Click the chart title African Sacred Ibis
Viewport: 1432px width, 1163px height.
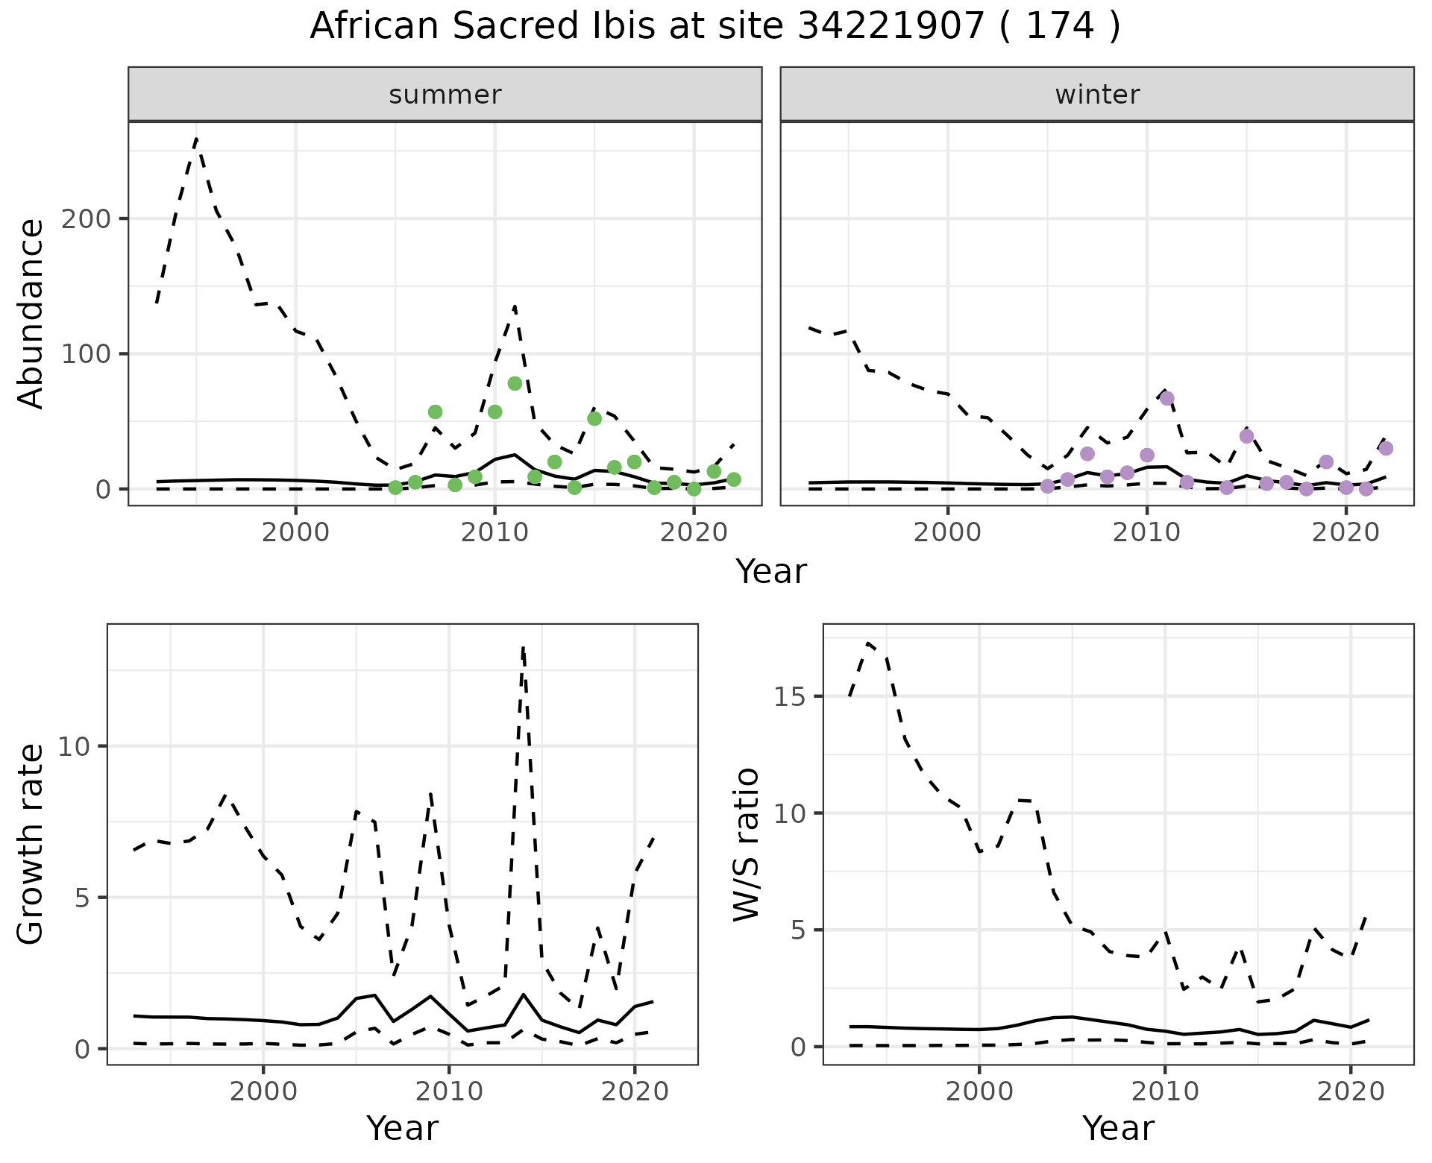pos(715,27)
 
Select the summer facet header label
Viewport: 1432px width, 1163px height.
pos(445,95)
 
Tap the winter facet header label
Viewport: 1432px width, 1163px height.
pos(1097,95)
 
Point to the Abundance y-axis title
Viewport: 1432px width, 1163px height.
pos(31,313)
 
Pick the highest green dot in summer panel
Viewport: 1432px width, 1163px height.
pos(515,383)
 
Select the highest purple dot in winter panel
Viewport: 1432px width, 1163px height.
pos(1167,398)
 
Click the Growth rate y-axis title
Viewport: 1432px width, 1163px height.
pos(31,844)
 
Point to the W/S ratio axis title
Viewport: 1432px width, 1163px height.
pos(747,844)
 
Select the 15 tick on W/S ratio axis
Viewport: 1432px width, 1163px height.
pos(792,697)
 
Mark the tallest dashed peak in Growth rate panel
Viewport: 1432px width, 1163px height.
pos(524,647)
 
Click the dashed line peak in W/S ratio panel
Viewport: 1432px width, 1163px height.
pos(868,642)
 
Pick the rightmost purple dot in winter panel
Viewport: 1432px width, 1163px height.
pos(1386,448)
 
